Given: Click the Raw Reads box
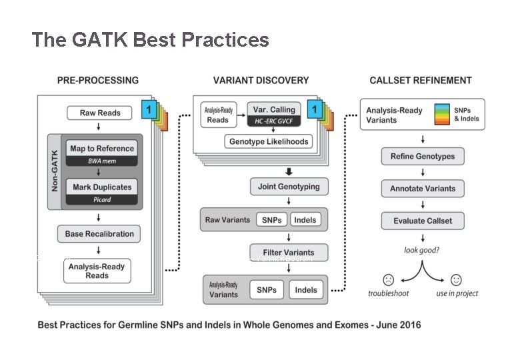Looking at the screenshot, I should (100, 113).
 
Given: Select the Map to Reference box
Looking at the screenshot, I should (101, 149).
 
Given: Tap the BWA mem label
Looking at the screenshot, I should (101, 161).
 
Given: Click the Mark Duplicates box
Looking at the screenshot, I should (101, 187).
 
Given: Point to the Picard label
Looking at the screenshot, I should (101, 200).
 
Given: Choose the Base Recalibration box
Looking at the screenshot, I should (99, 234).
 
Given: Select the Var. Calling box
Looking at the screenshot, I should (273, 109).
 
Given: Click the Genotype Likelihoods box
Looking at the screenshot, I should (269, 142).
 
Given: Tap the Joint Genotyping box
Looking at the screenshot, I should (289, 187).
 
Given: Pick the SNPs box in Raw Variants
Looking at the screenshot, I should (271, 219).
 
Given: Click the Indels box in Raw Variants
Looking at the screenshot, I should (305, 219).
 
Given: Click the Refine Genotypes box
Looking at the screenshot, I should (423, 157).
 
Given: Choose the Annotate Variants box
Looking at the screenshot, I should (423, 189).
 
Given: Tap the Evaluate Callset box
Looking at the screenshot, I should (423, 221).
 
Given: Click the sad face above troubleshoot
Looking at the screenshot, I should (388, 279).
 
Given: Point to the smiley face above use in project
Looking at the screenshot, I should (457, 279).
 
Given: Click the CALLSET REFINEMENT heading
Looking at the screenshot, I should (421, 81).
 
